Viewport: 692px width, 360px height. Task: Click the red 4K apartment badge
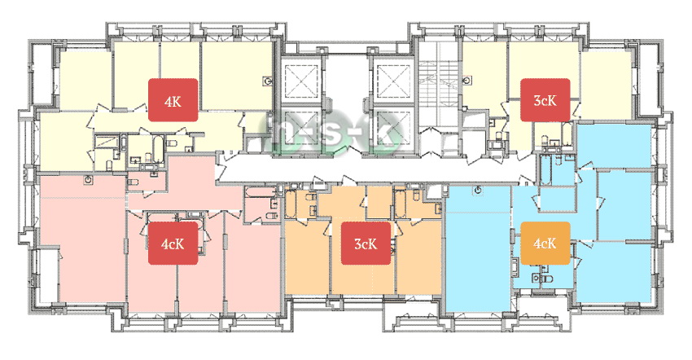(x=173, y=100)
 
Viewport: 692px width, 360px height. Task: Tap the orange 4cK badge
(x=545, y=243)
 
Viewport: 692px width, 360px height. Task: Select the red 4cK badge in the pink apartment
(x=173, y=243)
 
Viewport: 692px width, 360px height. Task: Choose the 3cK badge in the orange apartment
(x=366, y=243)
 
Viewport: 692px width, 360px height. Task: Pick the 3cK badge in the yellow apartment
(x=545, y=100)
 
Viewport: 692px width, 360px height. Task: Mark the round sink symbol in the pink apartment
(x=90, y=179)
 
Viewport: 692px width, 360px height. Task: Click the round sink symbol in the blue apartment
(x=479, y=190)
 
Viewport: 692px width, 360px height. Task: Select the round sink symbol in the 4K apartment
(x=268, y=81)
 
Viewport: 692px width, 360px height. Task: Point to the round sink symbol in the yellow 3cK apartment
(x=467, y=81)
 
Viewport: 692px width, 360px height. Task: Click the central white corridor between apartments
(x=375, y=169)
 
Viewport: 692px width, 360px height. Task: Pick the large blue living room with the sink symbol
(x=479, y=248)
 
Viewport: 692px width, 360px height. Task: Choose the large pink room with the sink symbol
(x=83, y=239)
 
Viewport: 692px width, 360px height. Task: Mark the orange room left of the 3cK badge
(x=307, y=257)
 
